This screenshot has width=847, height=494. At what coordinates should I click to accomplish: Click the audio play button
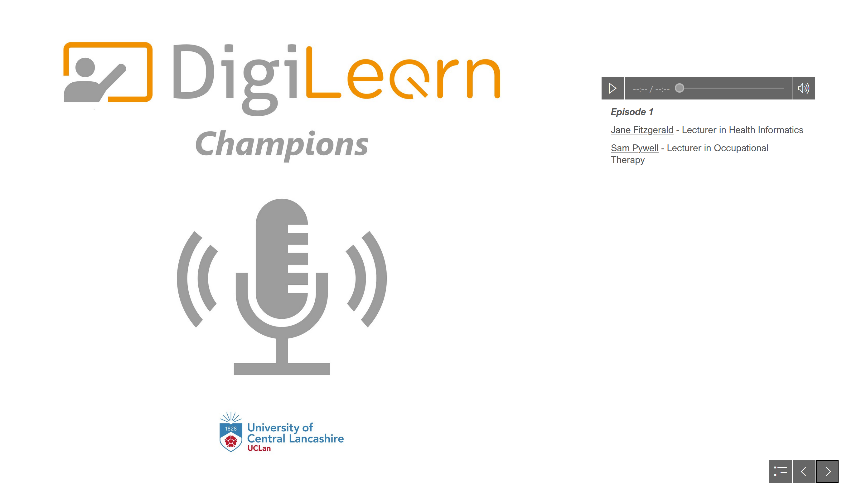(612, 88)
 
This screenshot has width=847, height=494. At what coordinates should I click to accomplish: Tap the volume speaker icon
(803, 88)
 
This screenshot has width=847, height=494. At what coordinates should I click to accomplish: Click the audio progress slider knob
(679, 88)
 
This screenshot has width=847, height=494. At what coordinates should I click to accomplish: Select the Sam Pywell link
(634, 148)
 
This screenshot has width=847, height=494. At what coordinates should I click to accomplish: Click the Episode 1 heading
(632, 112)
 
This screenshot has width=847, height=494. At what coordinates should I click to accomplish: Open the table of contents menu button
(780, 471)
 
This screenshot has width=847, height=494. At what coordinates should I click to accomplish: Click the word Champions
(282, 144)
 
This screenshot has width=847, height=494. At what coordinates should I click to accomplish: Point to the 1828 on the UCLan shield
(231, 429)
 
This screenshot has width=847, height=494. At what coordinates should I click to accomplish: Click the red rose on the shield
(231, 440)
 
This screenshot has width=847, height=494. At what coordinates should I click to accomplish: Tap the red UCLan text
(259, 448)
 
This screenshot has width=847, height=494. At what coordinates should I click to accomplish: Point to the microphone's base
(282, 369)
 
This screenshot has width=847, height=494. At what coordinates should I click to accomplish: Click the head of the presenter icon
(85, 67)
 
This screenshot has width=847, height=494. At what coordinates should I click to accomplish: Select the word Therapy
(627, 160)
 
